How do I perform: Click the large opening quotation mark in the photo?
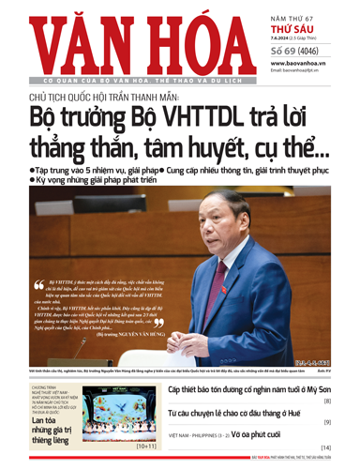(40, 283)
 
